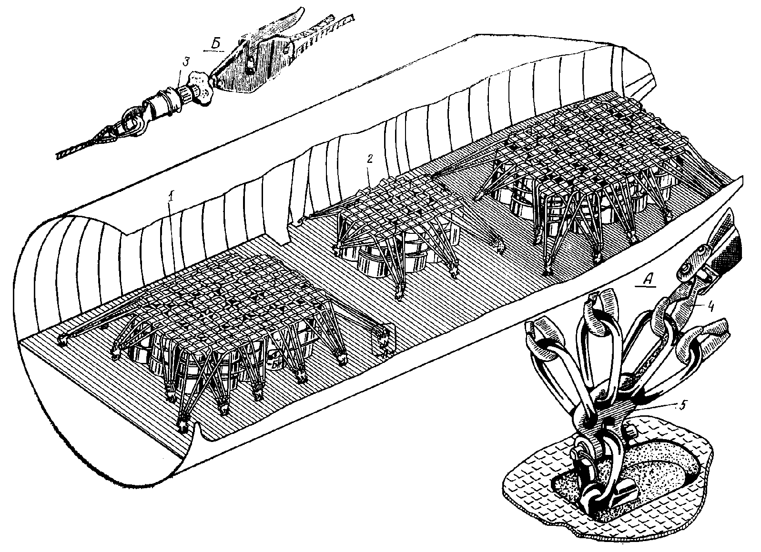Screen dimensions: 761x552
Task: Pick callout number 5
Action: click(682, 405)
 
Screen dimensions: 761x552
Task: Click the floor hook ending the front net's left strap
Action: click(61, 339)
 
